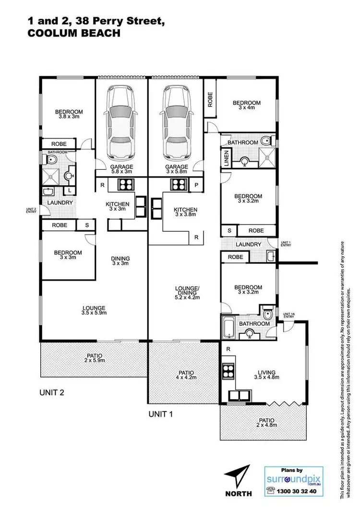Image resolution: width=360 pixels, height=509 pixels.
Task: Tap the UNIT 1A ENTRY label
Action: [288, 315]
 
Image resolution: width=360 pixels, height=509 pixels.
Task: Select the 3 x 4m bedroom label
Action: [246, 106]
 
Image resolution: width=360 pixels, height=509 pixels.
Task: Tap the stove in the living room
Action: [228, 371]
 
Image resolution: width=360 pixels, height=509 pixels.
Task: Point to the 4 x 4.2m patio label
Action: [184, 375]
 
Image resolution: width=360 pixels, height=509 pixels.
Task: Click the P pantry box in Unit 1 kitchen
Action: [196, 184]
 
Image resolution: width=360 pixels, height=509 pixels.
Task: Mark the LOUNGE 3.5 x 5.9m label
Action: [94, 310]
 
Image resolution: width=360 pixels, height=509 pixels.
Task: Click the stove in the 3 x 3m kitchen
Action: [126, 184]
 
